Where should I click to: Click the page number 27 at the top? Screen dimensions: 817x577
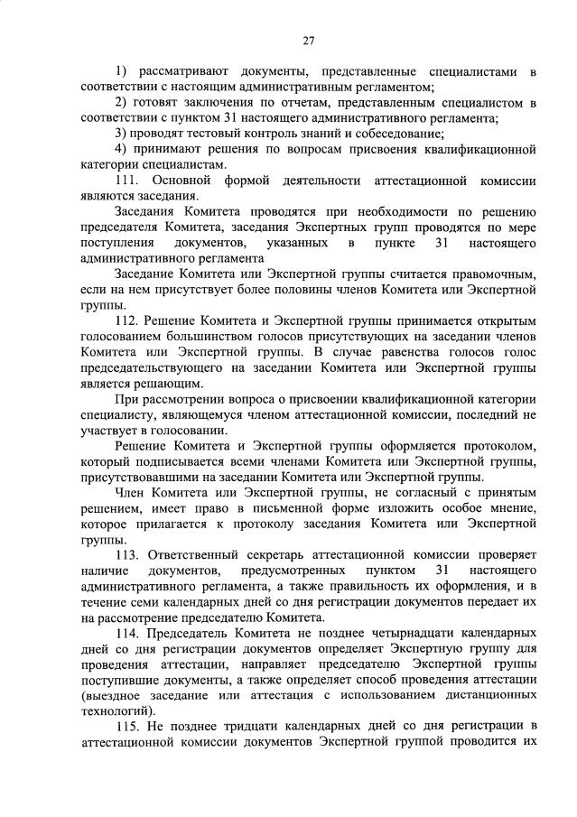pyautogui.click(x=308, y=41)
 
